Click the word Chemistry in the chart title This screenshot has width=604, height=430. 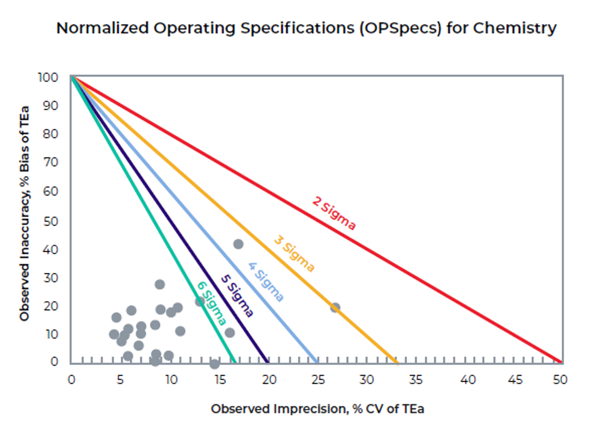pos(515,28)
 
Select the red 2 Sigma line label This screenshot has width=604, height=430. pos(334,213)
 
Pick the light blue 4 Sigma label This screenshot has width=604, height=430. pos(266,282)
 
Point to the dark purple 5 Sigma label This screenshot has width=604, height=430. pos(237,296)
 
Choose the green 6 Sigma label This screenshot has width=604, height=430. pos(211,303)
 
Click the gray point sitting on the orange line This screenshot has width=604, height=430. pos(335,308)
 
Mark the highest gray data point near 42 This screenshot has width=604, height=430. pos(238,244)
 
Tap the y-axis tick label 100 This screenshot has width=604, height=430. pos(48,77)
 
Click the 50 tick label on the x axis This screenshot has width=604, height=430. pos(560,380)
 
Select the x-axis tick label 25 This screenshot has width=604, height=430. pos(318,380)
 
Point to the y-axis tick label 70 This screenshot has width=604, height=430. pos(50,162)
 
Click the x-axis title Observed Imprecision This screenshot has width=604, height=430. pos(317,409)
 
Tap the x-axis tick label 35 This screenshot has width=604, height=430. pos(416,380)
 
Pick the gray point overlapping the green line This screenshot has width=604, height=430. pos(200,302)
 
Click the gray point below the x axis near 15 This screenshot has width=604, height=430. pos(215,364)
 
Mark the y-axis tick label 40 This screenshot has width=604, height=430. pos(50,250)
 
